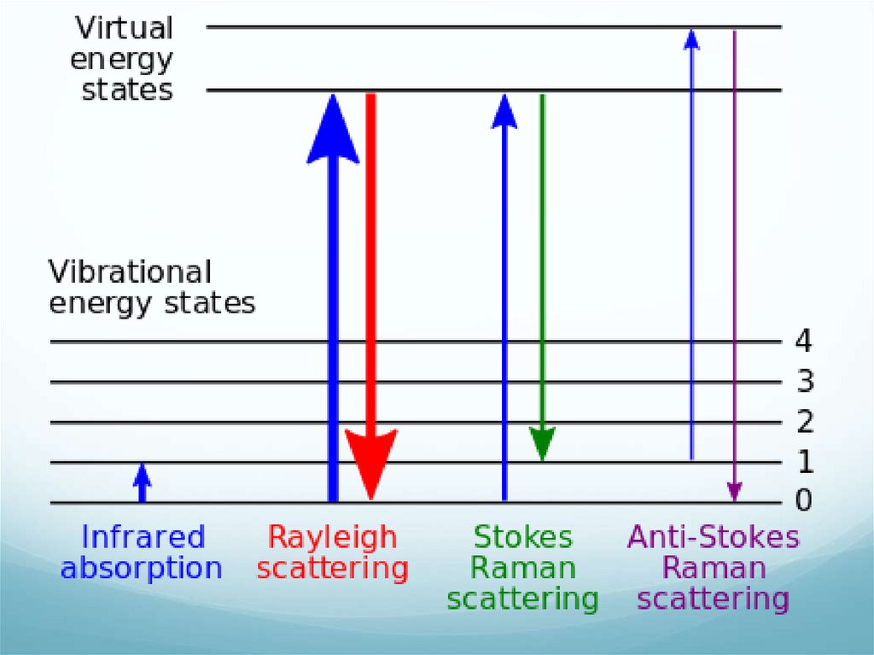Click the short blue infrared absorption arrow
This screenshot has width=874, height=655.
click(x=143, y=482)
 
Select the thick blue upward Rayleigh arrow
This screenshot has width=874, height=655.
click(x=333, y=299)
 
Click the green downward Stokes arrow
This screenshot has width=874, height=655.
click(x=542, y=273)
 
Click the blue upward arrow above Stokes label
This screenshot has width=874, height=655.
click(x=504, y=299)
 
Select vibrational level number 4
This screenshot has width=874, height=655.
click(x=803, y=342)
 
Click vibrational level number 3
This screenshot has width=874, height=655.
click(x=804, y=381)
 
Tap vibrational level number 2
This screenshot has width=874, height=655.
click(x=804, y=421)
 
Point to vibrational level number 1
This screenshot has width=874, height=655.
click(x=803, y=462)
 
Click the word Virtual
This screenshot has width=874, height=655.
click(x=125, y=28)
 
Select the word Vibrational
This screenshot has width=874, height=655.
click(x=130, y=272)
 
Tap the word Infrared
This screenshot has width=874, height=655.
click(x=143, y=537)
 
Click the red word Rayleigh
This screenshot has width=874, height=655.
click(x=333, y=537)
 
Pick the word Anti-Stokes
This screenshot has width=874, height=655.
click(x=714, y=537)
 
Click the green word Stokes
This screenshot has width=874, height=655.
click(x=523, y=537)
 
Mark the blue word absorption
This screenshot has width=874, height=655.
click(x=142, y=568)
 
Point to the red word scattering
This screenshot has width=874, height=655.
click(x=333, y=568)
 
